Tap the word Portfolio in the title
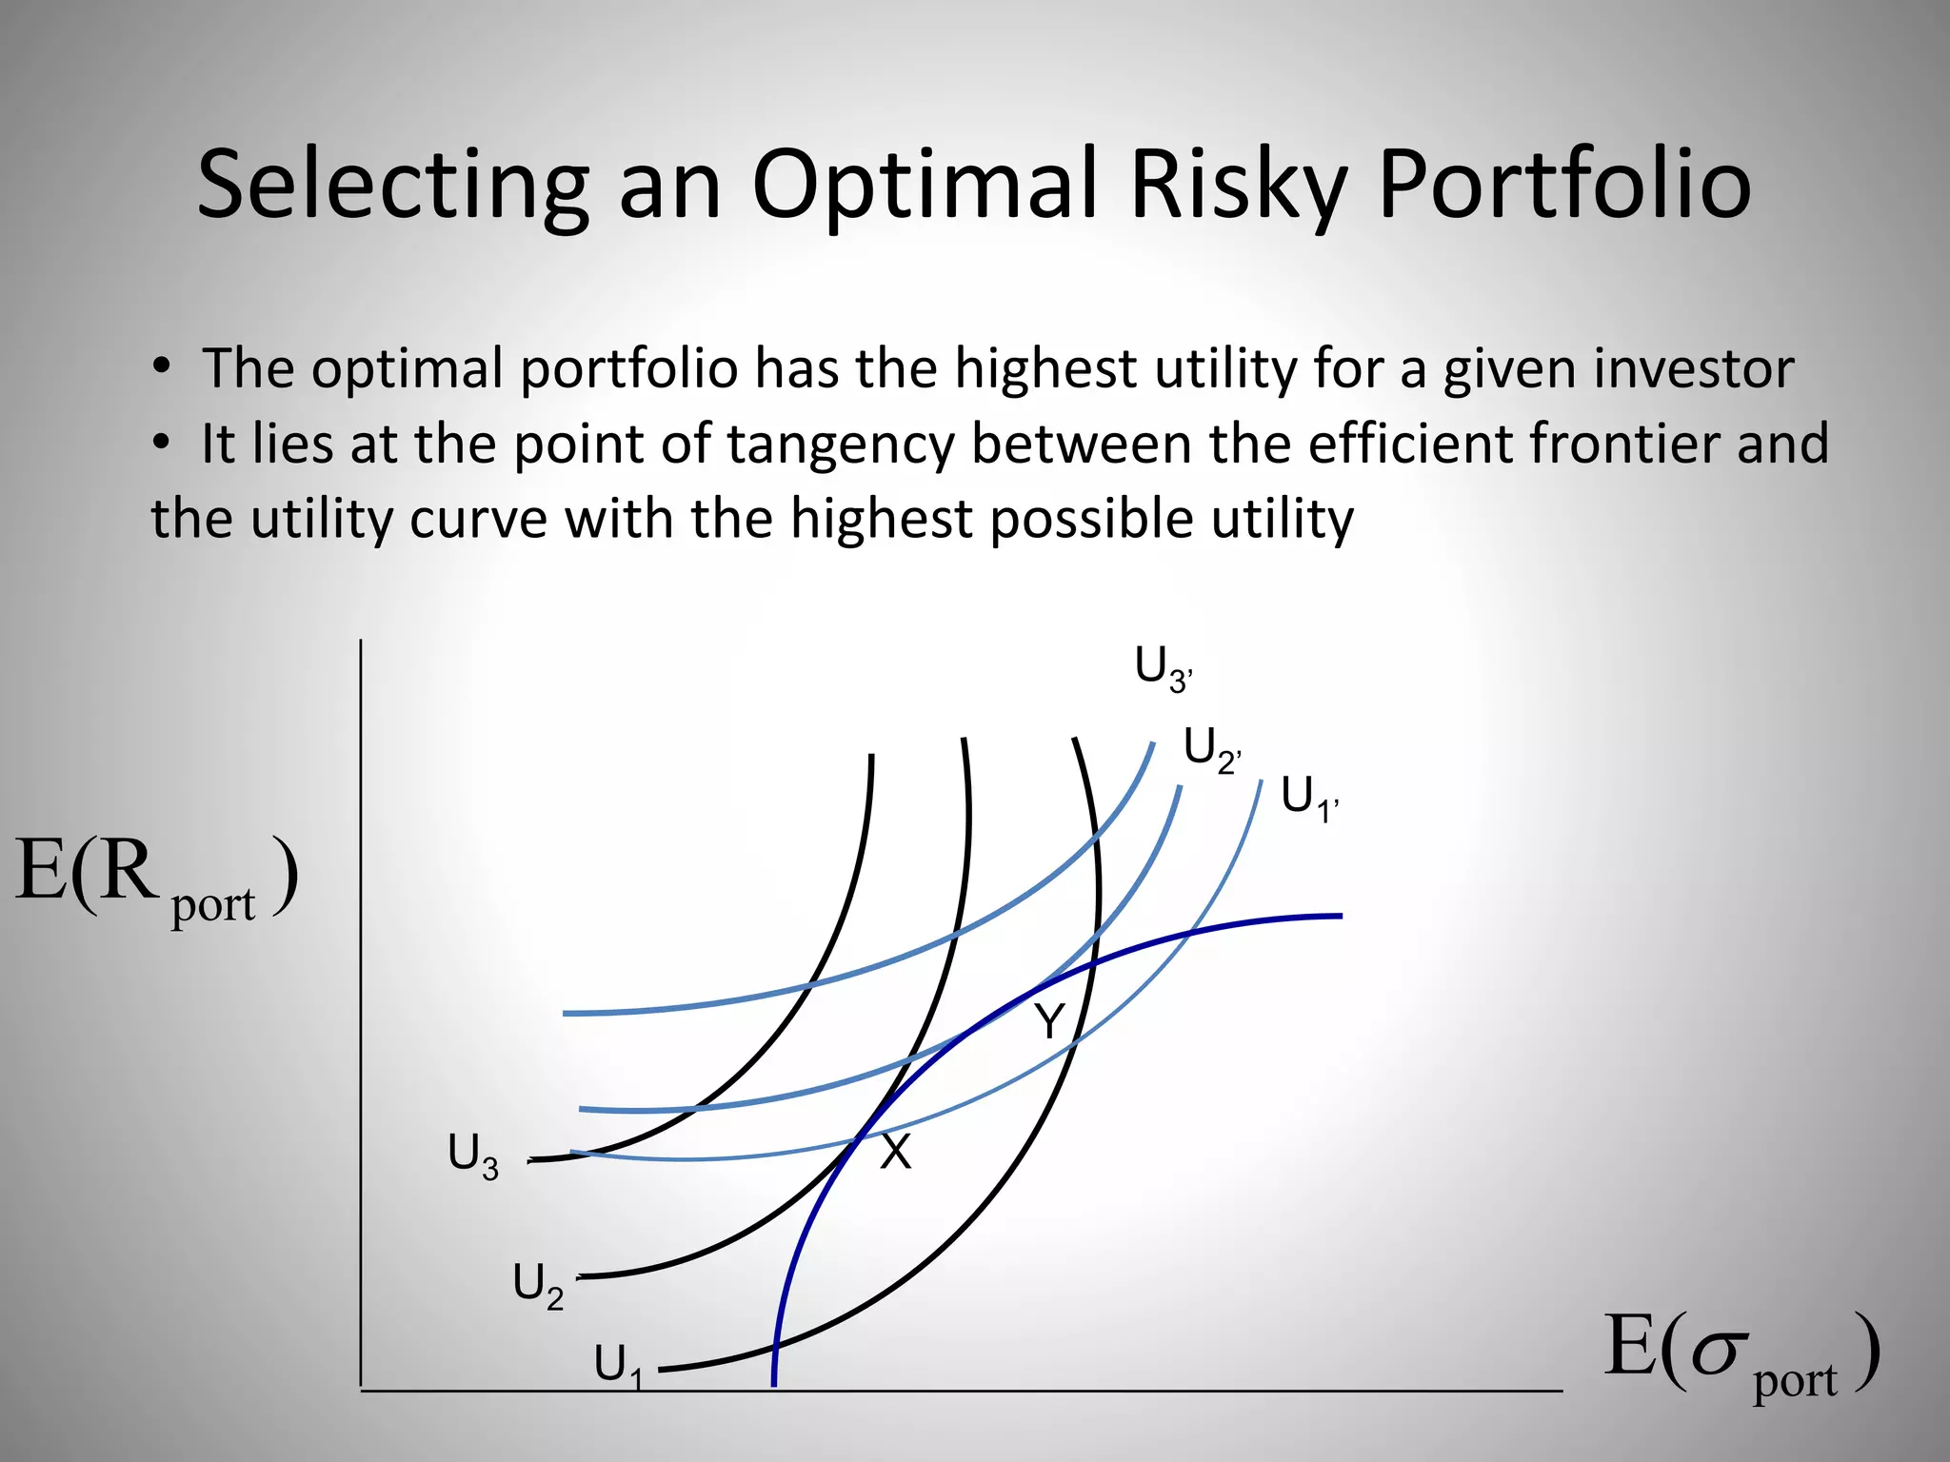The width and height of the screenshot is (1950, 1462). point(1563,186)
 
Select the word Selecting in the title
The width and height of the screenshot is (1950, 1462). point(392,186)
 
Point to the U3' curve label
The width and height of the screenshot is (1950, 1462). point(1163,668)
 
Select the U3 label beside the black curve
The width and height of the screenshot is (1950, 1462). point(473,1156)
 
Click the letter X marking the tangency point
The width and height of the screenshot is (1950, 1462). point(895,1153)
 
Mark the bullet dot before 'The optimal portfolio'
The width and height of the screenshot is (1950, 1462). point(162,366)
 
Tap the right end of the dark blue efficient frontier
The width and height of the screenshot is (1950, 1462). point(1339,916)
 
